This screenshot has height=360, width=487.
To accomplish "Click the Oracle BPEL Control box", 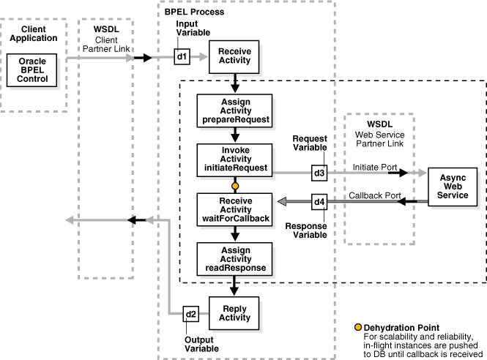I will tap(33, 72).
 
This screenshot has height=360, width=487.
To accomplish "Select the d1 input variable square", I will tap(182, 56).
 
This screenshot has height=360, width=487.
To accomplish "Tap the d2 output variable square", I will tap(190, 315).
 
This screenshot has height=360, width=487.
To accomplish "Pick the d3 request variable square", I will tap(319, 173).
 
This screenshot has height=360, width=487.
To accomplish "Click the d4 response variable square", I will tap(319, 200).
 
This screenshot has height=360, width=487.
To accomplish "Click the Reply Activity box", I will tap(234, 312).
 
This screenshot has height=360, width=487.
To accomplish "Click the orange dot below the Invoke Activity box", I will tap(235, 185).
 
